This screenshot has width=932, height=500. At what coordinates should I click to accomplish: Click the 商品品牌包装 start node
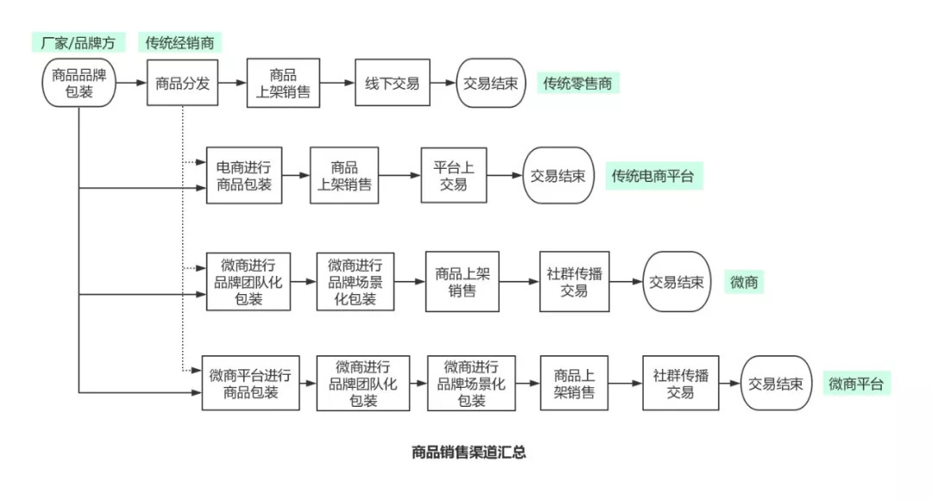(79, 83)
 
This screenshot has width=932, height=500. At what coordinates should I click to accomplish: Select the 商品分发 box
(182, 83)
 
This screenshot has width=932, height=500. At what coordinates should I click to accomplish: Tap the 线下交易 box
(392, 83)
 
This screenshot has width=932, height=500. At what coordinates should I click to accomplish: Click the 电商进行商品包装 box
(243, 175)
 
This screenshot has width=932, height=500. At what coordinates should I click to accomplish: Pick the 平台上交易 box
(454, 175)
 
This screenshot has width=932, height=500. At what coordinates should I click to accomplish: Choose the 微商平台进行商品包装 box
(250, 383)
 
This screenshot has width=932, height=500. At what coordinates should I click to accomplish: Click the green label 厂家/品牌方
(79, 42)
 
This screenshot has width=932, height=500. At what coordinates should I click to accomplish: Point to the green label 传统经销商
(179, 42)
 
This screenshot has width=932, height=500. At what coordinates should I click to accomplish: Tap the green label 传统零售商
(577, 83)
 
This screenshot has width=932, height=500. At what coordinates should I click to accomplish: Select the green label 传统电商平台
(652, 176)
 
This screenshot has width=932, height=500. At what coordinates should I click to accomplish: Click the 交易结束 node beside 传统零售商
(491, 83)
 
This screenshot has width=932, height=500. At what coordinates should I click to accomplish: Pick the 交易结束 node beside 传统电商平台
(557, 176)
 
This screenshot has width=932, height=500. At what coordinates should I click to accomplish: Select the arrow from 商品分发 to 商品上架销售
(232, 83)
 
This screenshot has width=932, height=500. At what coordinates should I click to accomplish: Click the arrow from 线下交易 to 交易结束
(443, 83)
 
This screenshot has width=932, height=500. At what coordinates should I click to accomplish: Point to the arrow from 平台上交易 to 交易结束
(505, 176)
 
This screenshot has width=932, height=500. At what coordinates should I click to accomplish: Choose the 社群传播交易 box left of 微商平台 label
(680, 383)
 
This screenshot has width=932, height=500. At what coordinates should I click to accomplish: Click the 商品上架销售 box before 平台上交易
(344, 175)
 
